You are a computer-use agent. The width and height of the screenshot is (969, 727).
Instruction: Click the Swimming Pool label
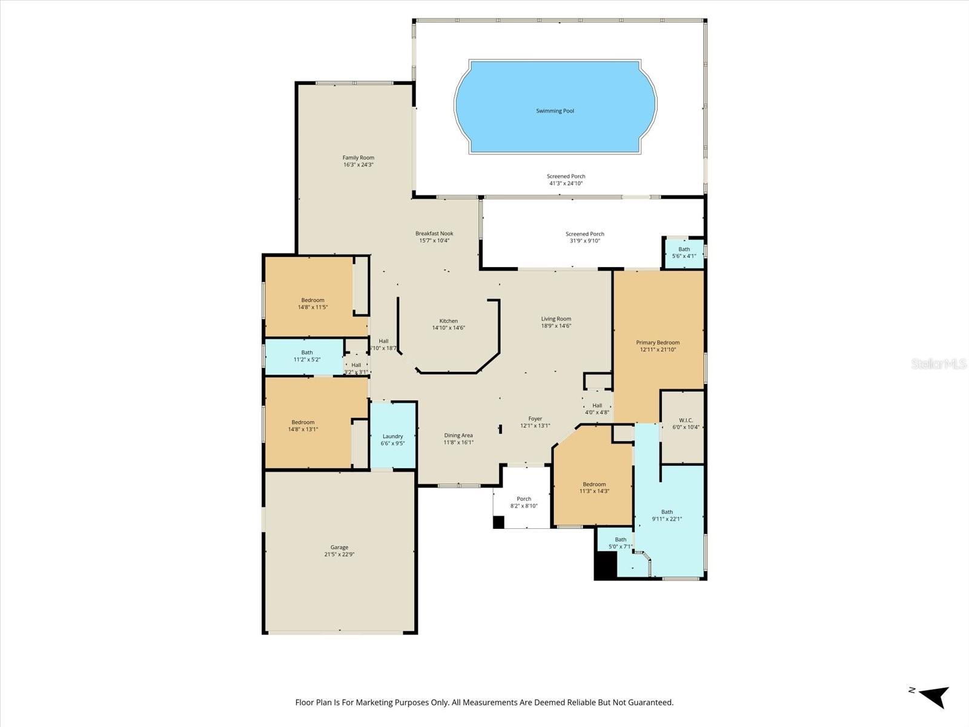pyautogui.click(x=555, y=111)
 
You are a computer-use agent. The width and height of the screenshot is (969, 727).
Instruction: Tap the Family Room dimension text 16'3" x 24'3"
pyautogui.click(x=359, y=165)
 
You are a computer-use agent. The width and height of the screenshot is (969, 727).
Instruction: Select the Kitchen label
pyautogui.click(x=449, y=321)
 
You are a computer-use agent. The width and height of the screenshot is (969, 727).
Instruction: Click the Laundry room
pyautogui.click(x=392, y=439)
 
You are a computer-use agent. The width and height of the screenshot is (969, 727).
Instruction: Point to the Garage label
pyautogui.click(x=339, y=548)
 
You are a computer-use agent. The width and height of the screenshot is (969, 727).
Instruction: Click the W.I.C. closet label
pyautogui.click(x=686, y=420)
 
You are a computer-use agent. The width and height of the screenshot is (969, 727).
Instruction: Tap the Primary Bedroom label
pyautogui.click(x=658, y=342)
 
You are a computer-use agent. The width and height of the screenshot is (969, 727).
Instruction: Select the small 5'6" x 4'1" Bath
pyautogui.click(x=684, y=252)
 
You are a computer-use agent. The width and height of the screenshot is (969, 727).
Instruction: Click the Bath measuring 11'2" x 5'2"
pyautogui.click(x=307, y=356)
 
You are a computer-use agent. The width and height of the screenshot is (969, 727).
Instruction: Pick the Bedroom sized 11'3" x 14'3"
pyautogui.click(x=594, y=488)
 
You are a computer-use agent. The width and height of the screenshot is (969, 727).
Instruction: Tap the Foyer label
pyautogui.click(x=535, y=419)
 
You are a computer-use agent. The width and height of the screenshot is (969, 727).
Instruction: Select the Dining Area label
pyautogui.click(x=458, y=436)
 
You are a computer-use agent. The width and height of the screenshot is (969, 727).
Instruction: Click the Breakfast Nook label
pyautogui.click(x=434, y=233)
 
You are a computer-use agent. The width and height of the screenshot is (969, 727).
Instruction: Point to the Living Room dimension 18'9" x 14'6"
pyautogui.click(x=556, y=326)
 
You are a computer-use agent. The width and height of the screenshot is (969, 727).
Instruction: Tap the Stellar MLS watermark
pyautogui.click(x=938, y=363)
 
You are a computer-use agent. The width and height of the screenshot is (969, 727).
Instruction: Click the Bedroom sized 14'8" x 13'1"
pyautogui.click(x=303, y=426)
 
